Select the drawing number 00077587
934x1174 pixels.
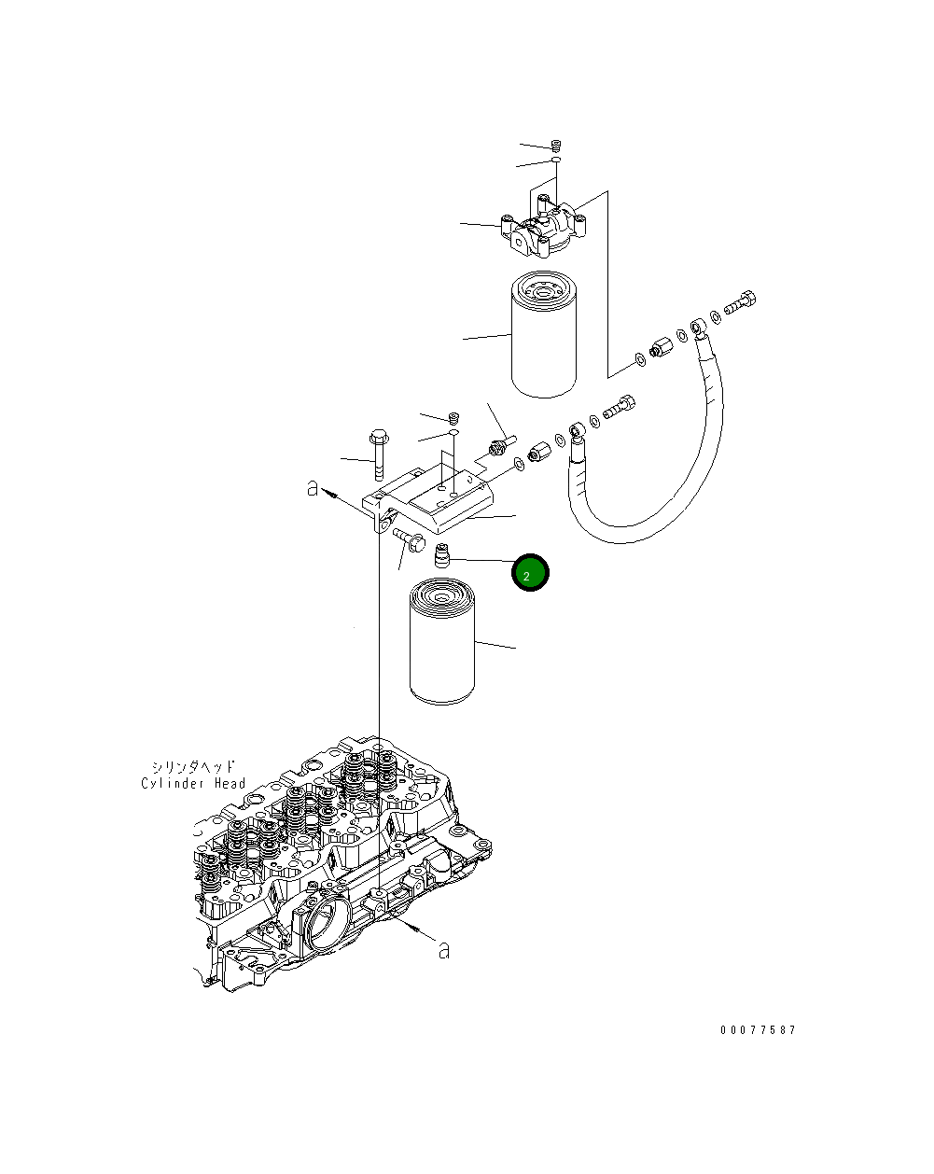758,1030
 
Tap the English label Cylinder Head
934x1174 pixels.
193,784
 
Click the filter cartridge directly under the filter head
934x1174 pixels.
544,333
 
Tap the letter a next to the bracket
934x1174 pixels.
314,488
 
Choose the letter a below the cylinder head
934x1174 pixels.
445,951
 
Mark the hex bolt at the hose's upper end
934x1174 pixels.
741,302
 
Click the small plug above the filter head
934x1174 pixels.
556,146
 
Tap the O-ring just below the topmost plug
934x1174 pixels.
555,161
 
